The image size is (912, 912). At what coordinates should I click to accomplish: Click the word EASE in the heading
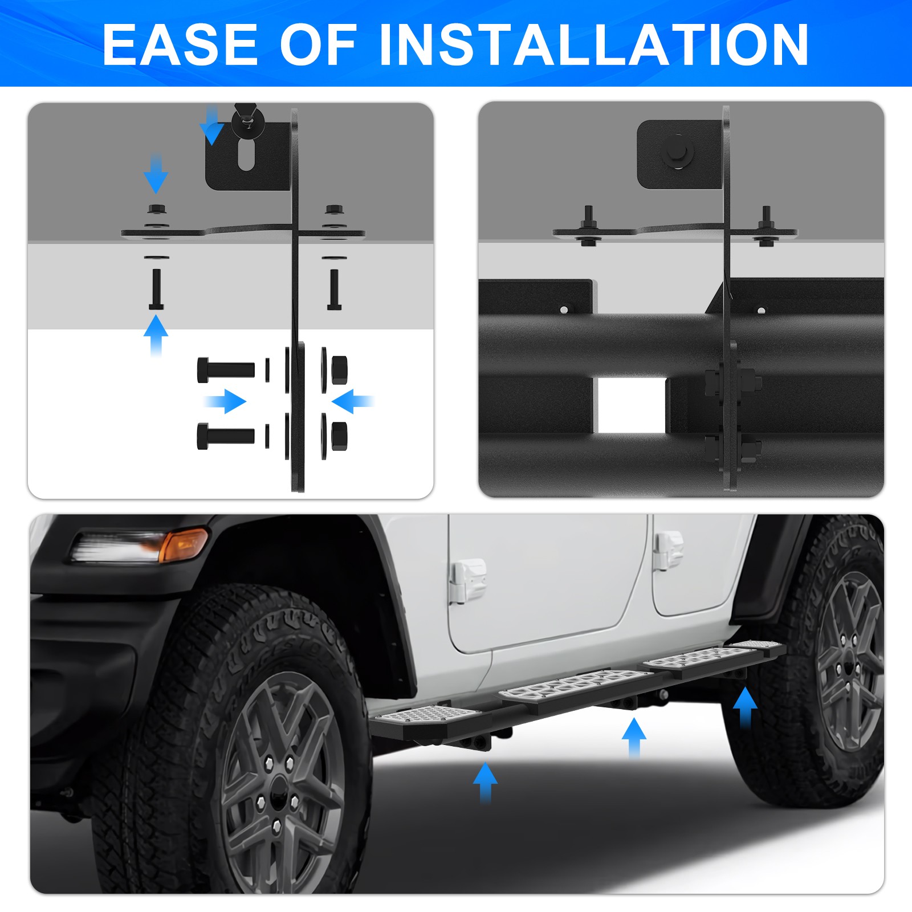[x=180, y=44]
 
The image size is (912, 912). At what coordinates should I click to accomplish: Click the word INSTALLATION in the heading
[x=593, y=44]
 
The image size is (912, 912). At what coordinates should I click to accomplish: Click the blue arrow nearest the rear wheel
[x=744, y=707]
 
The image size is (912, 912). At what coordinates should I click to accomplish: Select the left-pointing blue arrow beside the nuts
[x=352, y=401]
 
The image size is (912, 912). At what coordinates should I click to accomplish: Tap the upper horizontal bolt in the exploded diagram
[x=226, y=370]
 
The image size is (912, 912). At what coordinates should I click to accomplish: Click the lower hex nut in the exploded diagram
[x=339, y=436]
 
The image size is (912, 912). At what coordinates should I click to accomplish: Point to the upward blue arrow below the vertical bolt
[x=156, y=335]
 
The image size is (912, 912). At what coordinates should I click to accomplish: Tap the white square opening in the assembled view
[x=630, y=405]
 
